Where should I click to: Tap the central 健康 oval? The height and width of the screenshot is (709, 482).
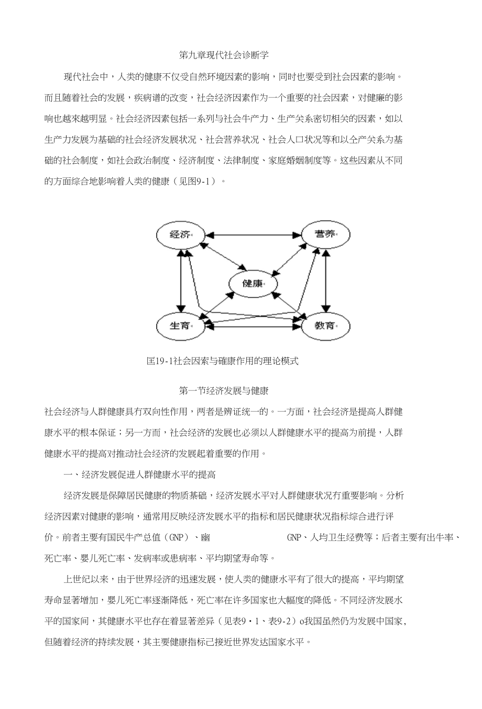coord(253,283)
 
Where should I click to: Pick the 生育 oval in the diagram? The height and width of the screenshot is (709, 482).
coord(180,325)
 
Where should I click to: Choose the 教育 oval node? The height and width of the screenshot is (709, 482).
coord(325,325)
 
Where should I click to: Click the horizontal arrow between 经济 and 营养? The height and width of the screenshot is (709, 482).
coord(253,234)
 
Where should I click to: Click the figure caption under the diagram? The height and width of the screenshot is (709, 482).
coord(223,361)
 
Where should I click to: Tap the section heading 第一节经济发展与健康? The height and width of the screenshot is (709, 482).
coord(224,390)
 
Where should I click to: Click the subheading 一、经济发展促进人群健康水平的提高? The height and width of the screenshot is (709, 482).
coord(139,475)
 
